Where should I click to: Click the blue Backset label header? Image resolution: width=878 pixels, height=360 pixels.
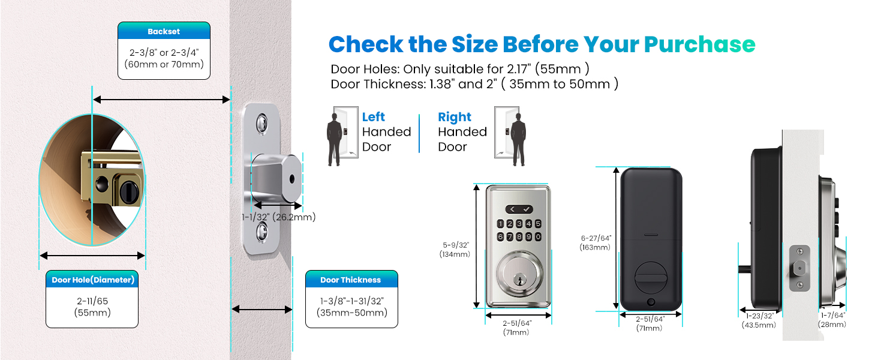[164, 31]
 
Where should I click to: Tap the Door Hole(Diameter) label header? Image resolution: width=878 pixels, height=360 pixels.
[92, 280]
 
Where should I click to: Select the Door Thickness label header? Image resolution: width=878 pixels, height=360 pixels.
[351, 280]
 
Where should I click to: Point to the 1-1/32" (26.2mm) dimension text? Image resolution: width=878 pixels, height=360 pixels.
[278, 217]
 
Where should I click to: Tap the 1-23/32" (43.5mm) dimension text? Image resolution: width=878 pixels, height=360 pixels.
[760, 320]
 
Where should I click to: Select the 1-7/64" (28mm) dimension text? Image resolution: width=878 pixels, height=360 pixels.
[832, 320]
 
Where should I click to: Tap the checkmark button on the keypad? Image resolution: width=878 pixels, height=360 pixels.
[526, 209]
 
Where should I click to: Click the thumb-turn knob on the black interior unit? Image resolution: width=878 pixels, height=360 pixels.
[650, 277]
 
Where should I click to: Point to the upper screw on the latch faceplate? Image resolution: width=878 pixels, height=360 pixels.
[261, 125]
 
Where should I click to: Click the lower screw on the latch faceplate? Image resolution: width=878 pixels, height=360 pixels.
[261, 230]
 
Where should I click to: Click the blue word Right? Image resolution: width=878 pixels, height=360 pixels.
[455, 117]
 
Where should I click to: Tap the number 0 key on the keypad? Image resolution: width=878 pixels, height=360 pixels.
[539, 236]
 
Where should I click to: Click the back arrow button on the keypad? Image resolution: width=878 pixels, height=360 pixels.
[513, 209]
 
